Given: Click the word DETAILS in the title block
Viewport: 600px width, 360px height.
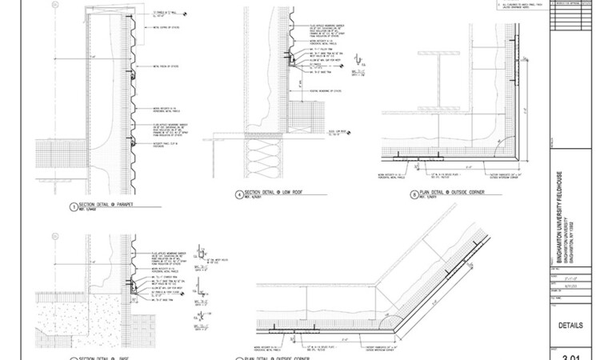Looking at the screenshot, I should (x=575, y=326).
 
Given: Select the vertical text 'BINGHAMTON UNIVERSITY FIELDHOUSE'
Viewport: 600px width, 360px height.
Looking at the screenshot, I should (x=559, y=216).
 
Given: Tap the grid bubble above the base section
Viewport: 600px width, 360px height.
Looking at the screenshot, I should (x=54, y=237).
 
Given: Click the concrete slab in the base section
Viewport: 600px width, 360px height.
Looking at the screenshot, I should (x=72, y=328).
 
